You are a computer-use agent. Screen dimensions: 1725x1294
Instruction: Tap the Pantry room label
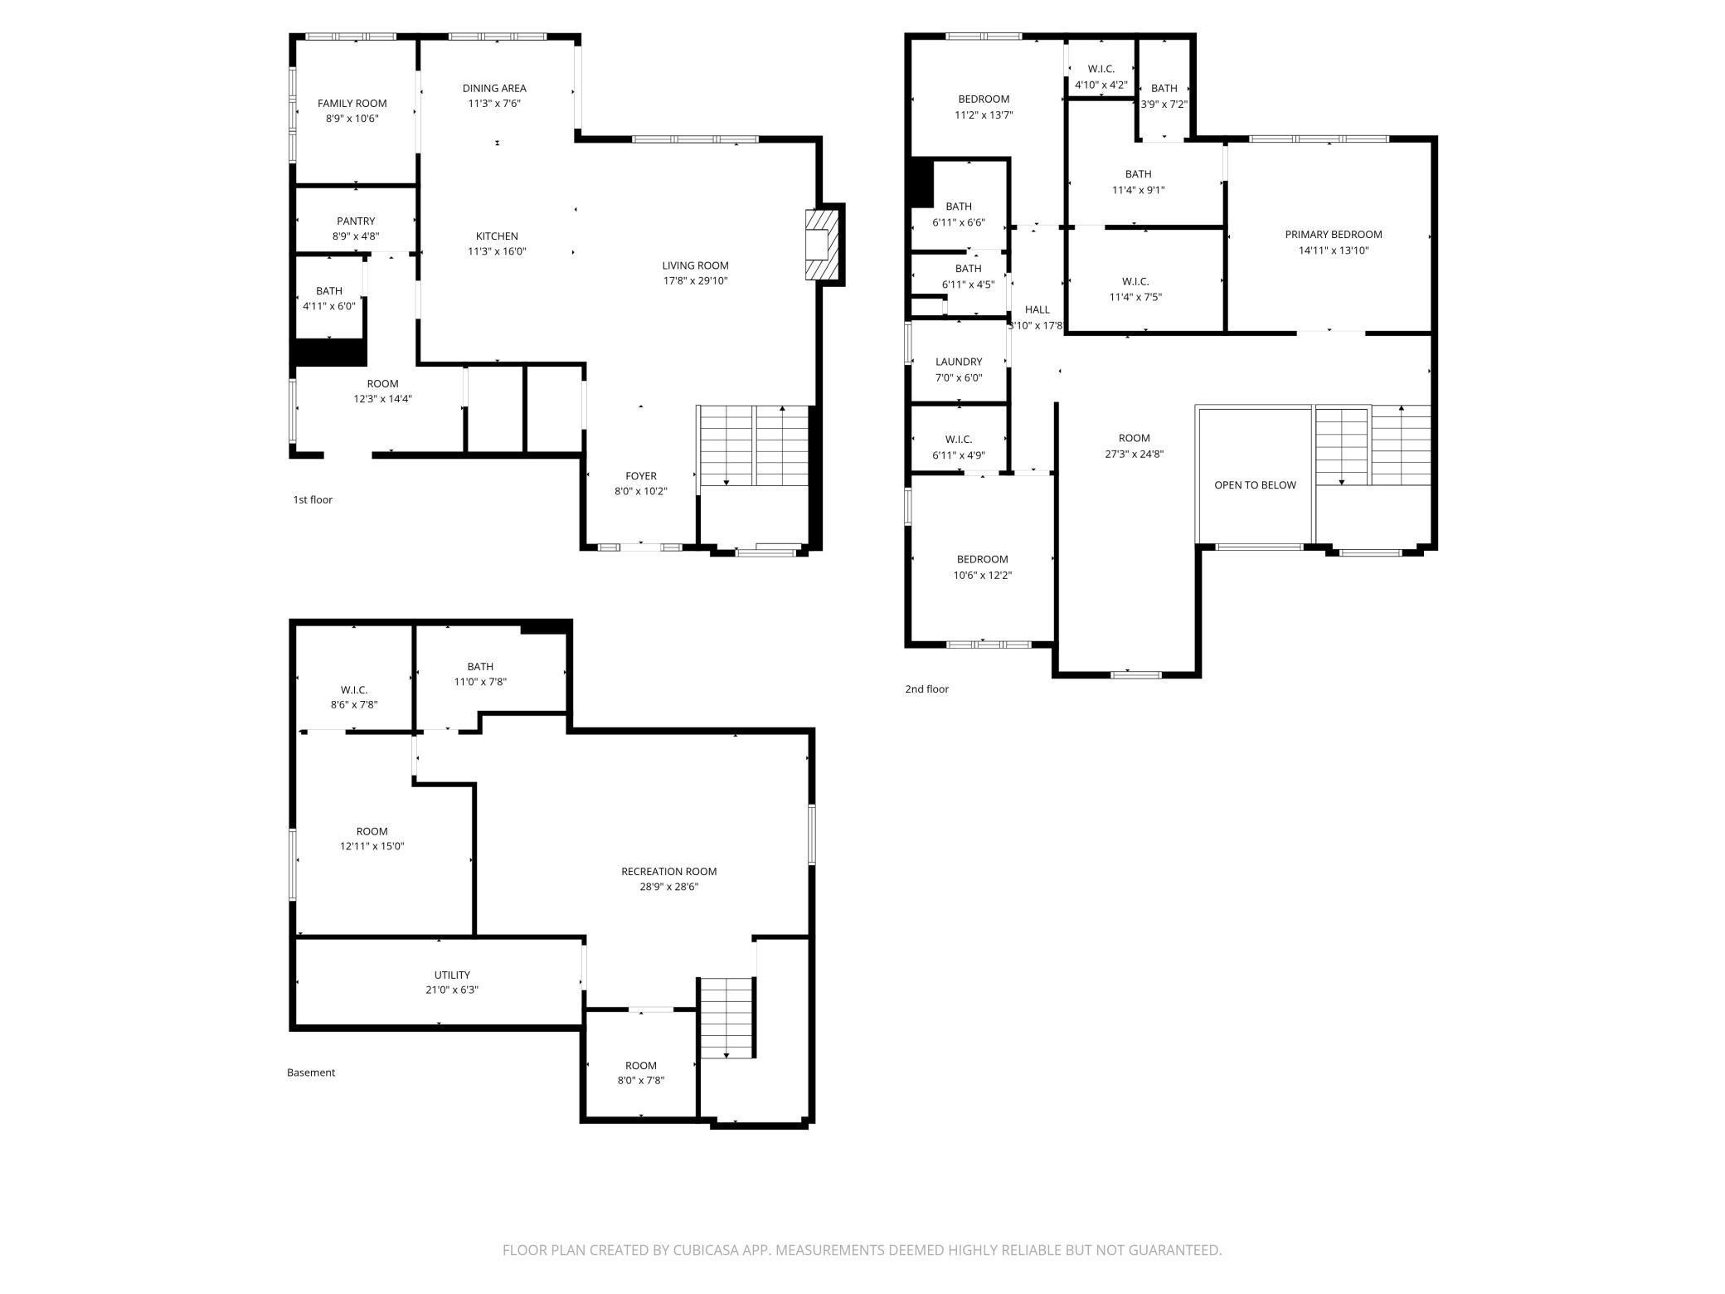click(x=356, y=221)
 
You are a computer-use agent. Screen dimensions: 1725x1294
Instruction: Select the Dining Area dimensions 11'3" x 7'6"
click(x=494, y=104)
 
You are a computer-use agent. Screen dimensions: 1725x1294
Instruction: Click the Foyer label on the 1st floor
click(x=641, y=476)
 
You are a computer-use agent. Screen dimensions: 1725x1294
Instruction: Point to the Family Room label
click(x=352, y=104)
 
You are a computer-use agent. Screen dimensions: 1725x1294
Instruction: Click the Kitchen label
click(x=497, y=236)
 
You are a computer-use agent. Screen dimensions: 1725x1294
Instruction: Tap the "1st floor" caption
click(x=313, y=499)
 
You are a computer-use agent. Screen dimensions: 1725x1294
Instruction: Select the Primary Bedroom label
click(x=1334, y=235)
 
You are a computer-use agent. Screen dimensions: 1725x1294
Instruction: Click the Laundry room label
click(x=959, y=362)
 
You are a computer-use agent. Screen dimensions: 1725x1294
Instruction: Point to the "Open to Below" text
click(x=1255, y=485)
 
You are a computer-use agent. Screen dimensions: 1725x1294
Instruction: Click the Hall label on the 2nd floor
click(x=1037, y=309)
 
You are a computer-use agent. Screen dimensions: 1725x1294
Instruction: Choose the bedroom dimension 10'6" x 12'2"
click(x=983, y=576)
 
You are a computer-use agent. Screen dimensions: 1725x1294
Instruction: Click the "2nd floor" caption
click(x=926, y=689)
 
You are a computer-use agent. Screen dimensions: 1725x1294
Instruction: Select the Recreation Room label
click(x=669, y=872)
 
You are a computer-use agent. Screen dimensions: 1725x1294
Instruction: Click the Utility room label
click(x=452, y=975)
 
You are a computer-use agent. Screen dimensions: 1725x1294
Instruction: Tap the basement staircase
click(x=726, y=1019)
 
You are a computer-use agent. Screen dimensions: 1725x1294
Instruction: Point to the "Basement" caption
click(x=311, y=1073)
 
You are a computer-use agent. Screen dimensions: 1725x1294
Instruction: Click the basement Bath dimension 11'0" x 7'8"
click(x=480, y=682)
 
